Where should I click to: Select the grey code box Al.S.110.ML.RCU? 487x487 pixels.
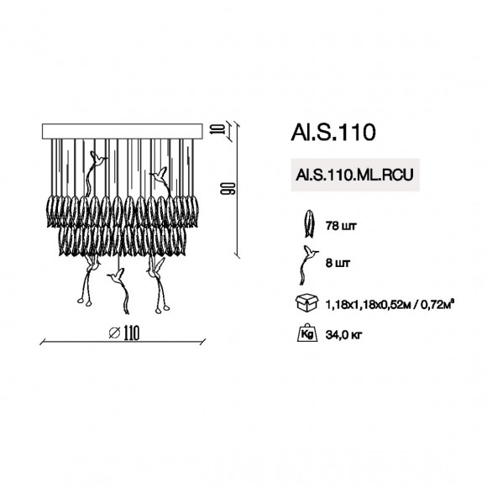[x=352, y=175]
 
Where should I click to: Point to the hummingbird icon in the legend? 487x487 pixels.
[x=308, y=262]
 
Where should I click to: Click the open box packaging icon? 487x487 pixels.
[x=307, y=302]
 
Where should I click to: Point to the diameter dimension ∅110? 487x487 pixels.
[x=123, y=333]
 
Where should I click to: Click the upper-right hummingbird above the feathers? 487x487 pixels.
[x=160, y=174]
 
